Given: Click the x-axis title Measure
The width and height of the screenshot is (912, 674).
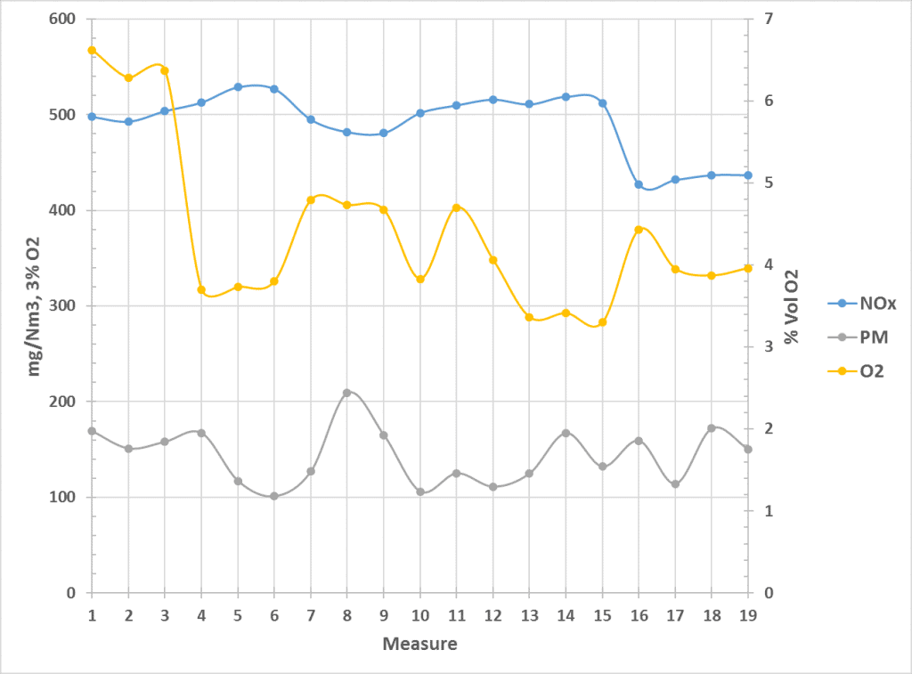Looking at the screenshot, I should (x=419, y=643).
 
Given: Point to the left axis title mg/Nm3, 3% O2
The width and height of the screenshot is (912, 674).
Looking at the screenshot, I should (x=36, y=305).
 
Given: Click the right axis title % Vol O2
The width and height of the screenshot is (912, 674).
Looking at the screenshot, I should (x=791, y=305).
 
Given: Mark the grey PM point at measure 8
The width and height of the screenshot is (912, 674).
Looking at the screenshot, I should (x=347, y=393).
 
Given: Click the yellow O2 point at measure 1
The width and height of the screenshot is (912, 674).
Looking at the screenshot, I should (x=92, y=50).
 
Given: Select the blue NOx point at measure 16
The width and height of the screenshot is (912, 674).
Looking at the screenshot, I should (x=639, y=184).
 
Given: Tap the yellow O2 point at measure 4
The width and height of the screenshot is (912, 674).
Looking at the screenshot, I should (x=201, y=289).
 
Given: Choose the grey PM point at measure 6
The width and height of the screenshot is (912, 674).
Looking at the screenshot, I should (x=274, y=496).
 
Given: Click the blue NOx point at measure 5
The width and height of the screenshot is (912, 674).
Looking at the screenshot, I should (x=238, y=87).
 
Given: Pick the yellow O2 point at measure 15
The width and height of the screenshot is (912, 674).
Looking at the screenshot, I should (x=602, y=322).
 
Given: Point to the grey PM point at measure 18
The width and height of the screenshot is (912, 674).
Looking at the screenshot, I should (x=712, y=428).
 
